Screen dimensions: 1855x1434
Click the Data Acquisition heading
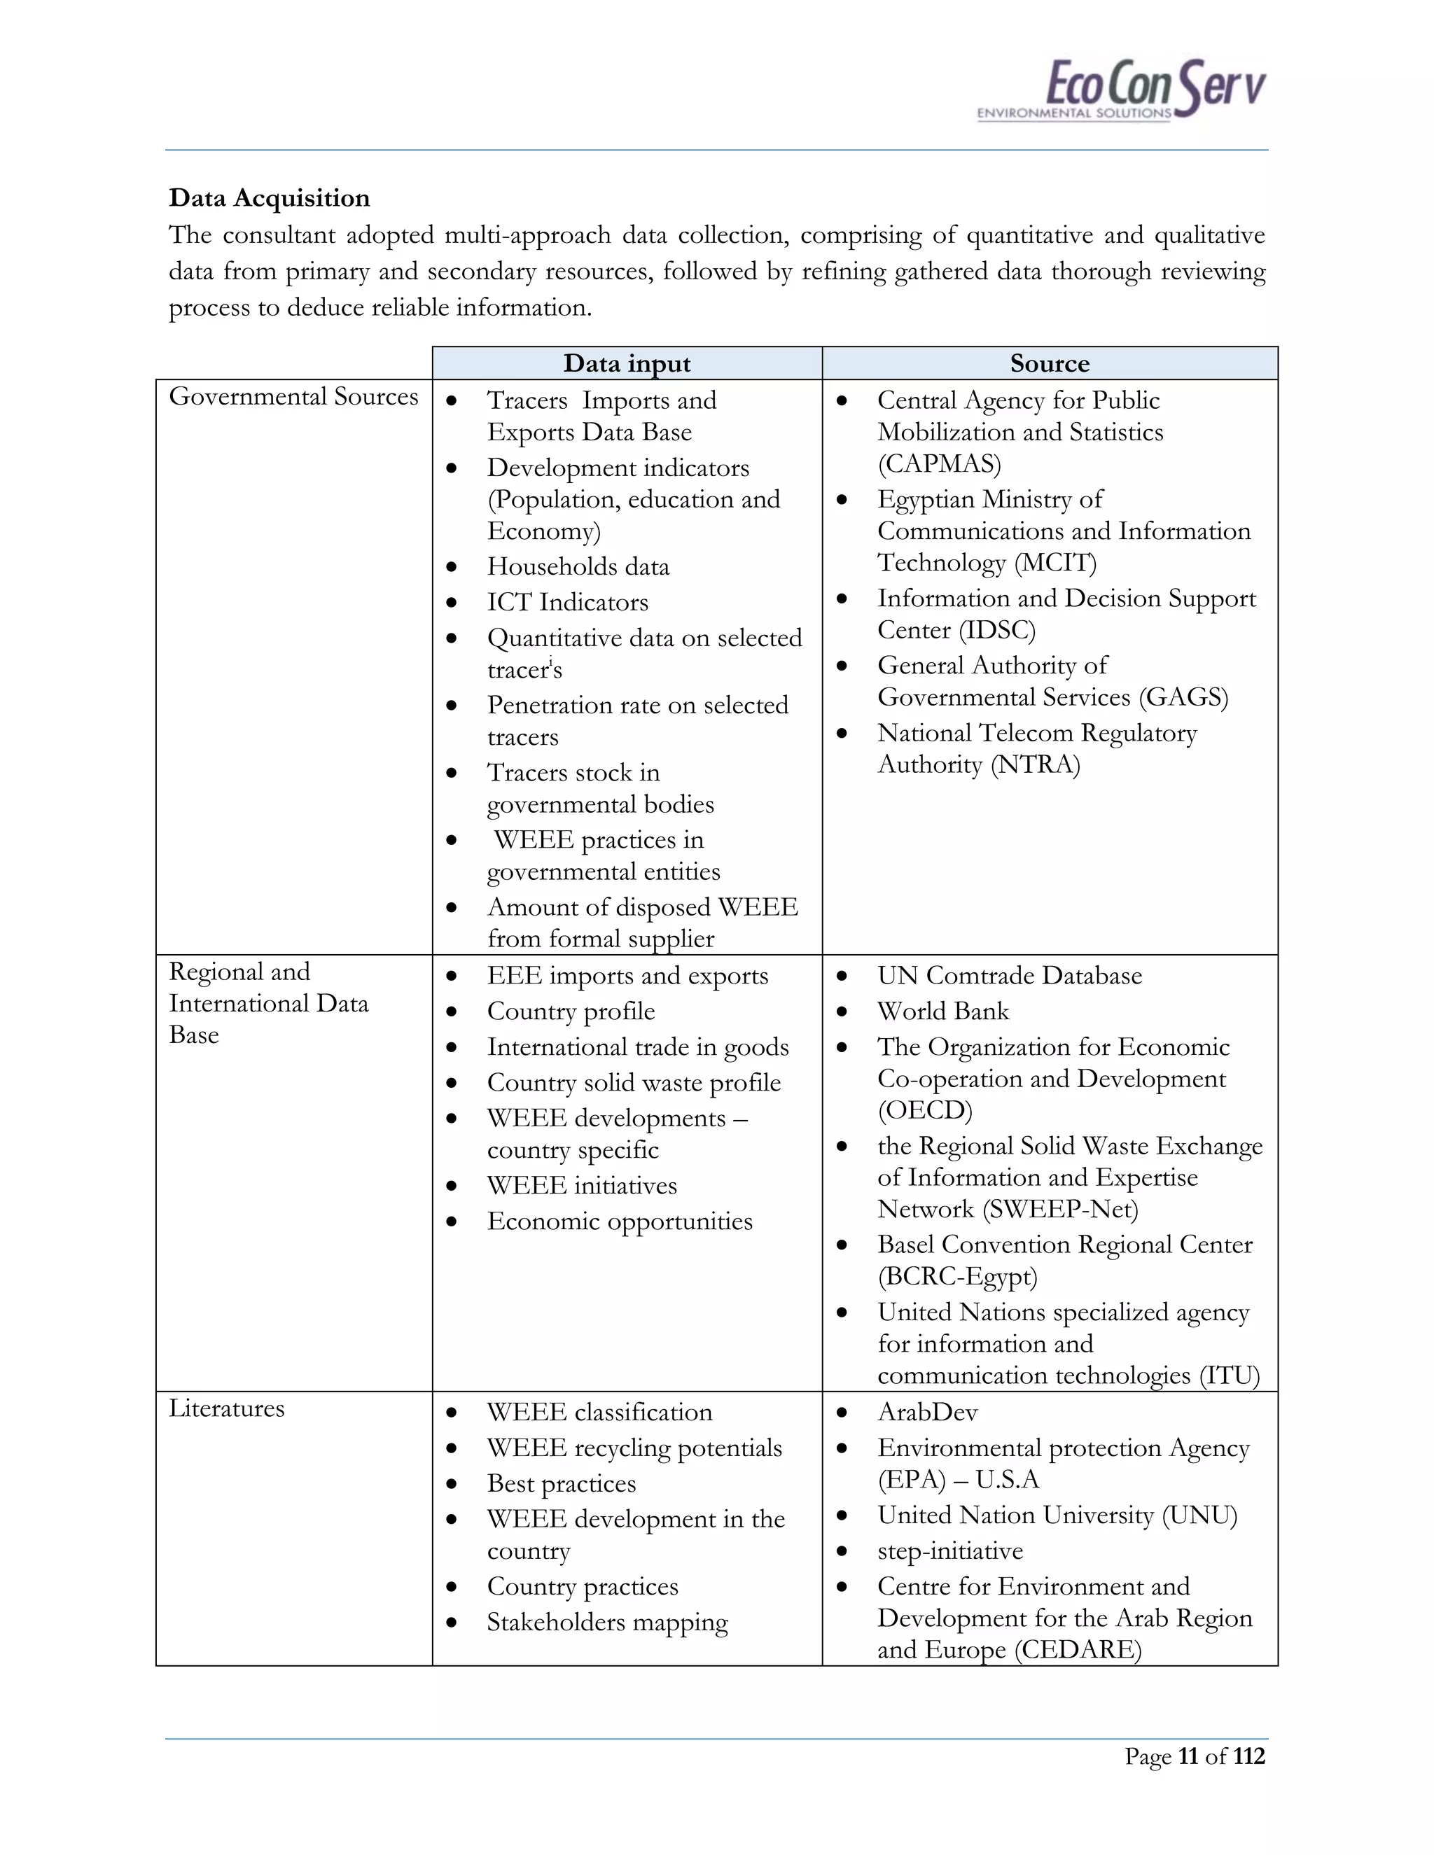(x=270, y=198)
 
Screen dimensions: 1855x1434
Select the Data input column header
(x=626, y=363)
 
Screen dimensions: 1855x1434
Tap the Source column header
(x=1049, y=363)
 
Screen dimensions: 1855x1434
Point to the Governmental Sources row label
(x=293, y=397)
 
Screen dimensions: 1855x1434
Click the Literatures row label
(x=226, y=1408)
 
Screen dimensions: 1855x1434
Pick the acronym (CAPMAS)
(x=939, y=463)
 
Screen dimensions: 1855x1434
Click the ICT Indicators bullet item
(x=566, y=602)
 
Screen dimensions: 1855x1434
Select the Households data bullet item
(x=578, y=566)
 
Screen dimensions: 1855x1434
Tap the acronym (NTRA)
(x=1036, y=764)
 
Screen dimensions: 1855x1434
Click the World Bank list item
(x=943, y=1011)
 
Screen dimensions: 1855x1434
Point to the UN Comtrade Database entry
(x=1009, y=976)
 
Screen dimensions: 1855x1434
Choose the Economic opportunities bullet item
(x=619, y=1221)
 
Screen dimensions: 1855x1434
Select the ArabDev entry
(x=927, y=1413)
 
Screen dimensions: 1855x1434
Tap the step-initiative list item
(x=949, y=1551)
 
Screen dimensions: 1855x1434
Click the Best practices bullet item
(x=561, y=1484)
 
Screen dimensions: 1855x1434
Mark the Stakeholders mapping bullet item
(x=606, y=1623)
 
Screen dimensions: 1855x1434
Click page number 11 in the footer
(x=1188, y=1756)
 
